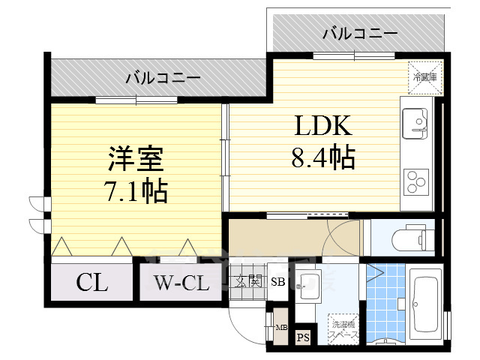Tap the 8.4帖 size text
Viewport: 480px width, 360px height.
322,157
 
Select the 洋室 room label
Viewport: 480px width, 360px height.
135,160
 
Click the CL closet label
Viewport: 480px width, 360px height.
91,283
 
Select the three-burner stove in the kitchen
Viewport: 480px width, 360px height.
416,181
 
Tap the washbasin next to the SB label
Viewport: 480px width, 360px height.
308,283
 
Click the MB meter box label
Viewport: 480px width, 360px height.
279,327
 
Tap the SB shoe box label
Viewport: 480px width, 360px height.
277,282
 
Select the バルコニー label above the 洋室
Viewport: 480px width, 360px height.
163,77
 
